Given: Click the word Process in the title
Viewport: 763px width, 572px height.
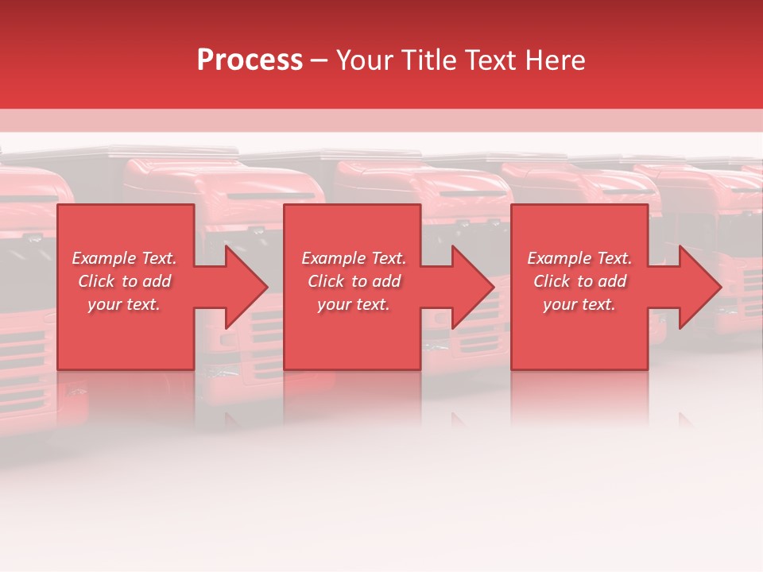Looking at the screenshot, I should click(250, 60).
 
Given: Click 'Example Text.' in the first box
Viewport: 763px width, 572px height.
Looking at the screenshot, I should click(124, 258).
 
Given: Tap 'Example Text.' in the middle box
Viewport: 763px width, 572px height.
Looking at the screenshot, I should click(354, 258).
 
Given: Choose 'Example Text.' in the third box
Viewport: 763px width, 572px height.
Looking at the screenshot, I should click(579, 258).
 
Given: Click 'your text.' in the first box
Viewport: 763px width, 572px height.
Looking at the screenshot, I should click(124, 304).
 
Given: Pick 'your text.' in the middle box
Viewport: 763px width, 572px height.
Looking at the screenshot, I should click(354, 304).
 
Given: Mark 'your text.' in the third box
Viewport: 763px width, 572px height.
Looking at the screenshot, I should click(579, 304).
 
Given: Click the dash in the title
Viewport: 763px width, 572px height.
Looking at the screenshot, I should click(320, 60).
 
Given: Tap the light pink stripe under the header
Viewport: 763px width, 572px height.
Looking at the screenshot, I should click(381, 120).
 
